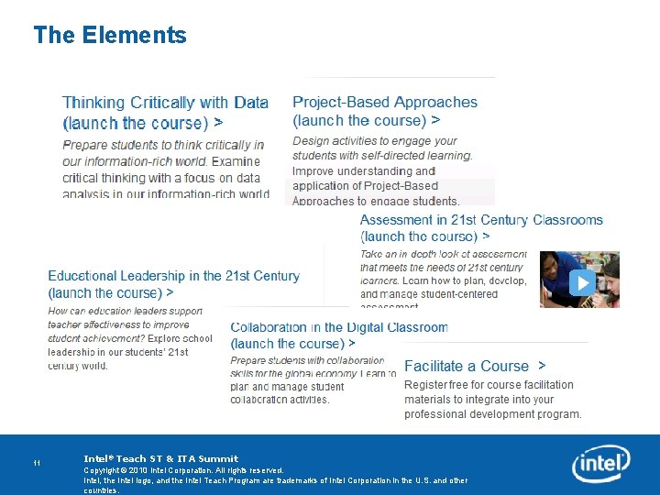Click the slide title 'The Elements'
(110, 36)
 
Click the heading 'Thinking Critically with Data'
(165, 103)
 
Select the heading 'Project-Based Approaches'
(385, 103)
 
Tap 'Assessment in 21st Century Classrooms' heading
(481, 220)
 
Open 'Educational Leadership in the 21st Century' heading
(173, 276)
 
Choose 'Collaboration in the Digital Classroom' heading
(339, 327)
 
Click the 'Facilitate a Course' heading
(467, 367)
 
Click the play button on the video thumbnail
(582, 282)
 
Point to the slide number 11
(38, 463)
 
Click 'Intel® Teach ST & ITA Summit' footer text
(160, 458)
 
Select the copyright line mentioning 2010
(183, 470)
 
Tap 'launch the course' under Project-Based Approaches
(360, 120)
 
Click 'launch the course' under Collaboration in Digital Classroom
(287, 344)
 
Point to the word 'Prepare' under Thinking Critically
(83, 145)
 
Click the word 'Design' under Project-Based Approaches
(311, 141)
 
